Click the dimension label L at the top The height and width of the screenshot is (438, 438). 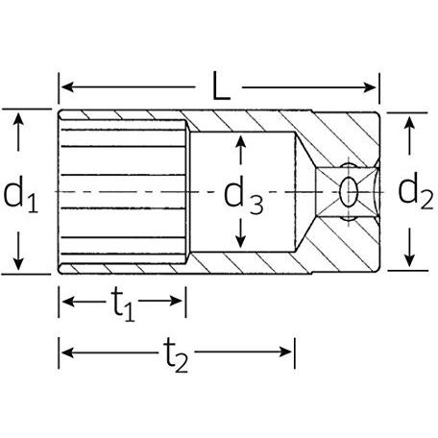click(221, 86)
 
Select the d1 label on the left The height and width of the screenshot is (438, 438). click(20, 194)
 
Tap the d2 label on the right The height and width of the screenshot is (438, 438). click(416, 191)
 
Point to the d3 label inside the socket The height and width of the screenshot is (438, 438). click(243, 195)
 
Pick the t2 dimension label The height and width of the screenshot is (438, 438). click(177, 355)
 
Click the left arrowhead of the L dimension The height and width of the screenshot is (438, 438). click(67, 86)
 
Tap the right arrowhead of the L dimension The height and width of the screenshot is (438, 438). click(370, 87)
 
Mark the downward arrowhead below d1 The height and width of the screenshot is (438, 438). click(18, 263)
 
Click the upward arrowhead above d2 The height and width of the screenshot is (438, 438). click(409, 123)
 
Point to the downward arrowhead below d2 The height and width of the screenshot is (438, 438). click(409, 260)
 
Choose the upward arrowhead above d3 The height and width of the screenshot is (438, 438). click(240, 141)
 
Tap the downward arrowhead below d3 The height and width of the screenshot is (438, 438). click(240, 241)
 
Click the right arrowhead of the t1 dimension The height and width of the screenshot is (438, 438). click(177, 301)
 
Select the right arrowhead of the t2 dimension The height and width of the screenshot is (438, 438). click(285, 352)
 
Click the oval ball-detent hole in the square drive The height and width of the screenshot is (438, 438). click(348, 192)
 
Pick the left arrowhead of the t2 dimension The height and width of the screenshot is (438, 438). click(68, 353)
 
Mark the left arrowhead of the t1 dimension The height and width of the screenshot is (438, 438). click(68, 302)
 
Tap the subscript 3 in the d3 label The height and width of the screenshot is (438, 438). click(256, 205)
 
